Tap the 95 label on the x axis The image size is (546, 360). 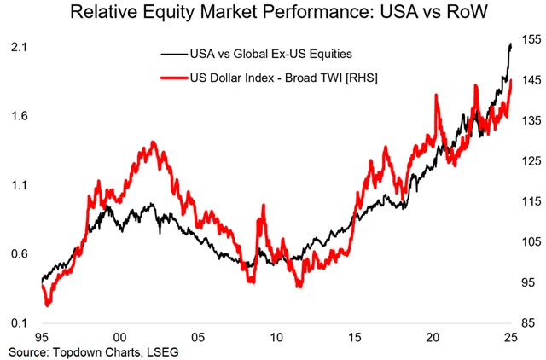point(42,337)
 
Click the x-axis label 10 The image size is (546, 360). point(276,337)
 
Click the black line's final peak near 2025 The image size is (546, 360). point(510,44)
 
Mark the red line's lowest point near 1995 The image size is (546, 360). point(48,304)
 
